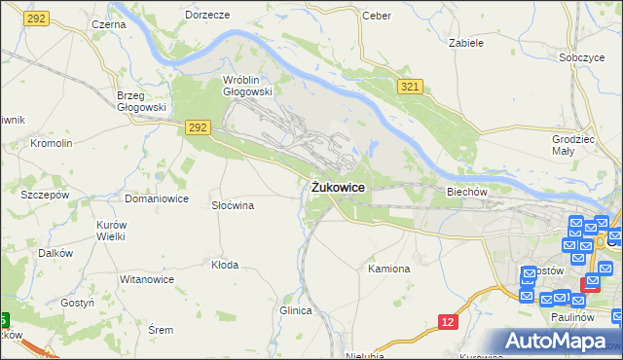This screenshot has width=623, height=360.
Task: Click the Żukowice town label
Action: (x=339, y=186)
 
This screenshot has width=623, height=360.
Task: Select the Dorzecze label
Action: (x=207, y=16)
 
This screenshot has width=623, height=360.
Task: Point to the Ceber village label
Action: (x=376, y=16)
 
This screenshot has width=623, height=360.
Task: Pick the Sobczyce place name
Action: (x=582, y=57)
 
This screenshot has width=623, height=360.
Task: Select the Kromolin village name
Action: (x=52, y=143)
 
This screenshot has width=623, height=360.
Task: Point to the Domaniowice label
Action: (x=156, y=198)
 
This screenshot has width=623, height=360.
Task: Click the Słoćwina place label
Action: (x=234, y=206)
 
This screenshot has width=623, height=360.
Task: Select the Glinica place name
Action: (x=295, y=310)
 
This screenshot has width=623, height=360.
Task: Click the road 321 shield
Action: (x=410, y=88)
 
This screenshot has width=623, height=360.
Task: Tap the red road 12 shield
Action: (x=448, y=321)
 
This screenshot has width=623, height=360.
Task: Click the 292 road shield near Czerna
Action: (x=37, y=18)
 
